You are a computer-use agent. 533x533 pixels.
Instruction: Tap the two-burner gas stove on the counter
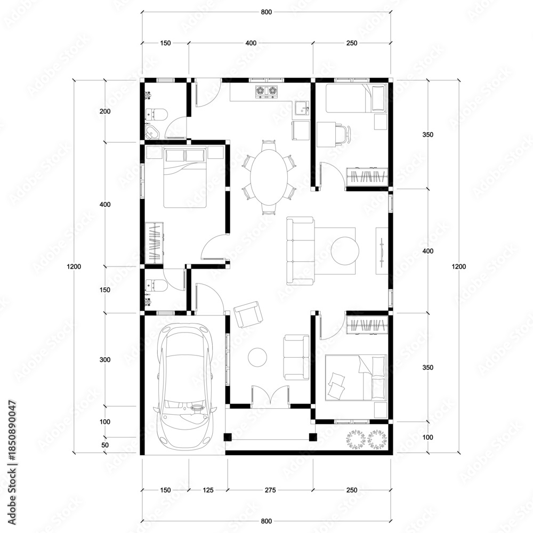pos(266,92)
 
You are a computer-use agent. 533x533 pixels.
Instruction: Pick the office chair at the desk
pos(344,134)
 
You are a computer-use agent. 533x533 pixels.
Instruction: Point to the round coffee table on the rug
pos(345,251)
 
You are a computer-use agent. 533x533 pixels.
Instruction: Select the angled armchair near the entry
pos(248,314)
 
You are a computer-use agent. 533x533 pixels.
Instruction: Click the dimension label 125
pos(208,490)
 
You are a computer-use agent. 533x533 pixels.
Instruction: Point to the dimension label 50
pos(106,445)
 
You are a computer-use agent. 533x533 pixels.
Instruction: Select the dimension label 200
pos(106,111)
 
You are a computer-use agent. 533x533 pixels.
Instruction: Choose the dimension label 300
pos(106,360)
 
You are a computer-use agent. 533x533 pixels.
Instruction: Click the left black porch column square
pos(228,437)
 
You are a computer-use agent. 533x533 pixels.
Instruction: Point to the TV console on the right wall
pos(382,251)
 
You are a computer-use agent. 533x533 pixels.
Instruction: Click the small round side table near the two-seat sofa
pos(257,357)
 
